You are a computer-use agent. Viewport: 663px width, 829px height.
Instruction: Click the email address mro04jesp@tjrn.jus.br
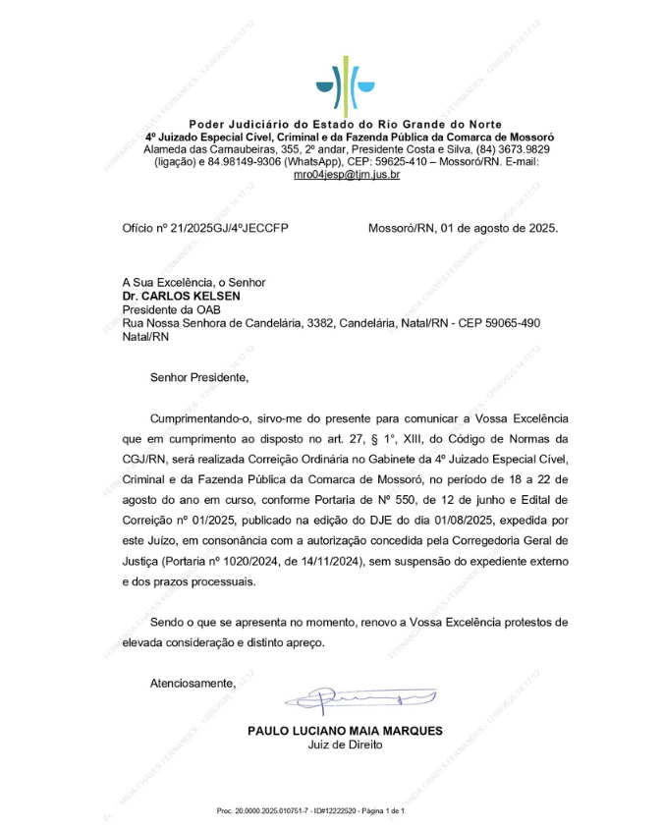click(x=347, y=175)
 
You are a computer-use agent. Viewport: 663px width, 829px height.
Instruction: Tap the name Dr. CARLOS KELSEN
click(x=181, y=295)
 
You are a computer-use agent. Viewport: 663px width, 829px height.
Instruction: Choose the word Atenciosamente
click(x=193, y=682)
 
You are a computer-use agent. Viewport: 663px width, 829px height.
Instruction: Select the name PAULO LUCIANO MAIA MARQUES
click(x=345, y=731)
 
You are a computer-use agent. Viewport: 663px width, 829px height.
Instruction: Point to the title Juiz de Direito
click(x=345, y=745)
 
